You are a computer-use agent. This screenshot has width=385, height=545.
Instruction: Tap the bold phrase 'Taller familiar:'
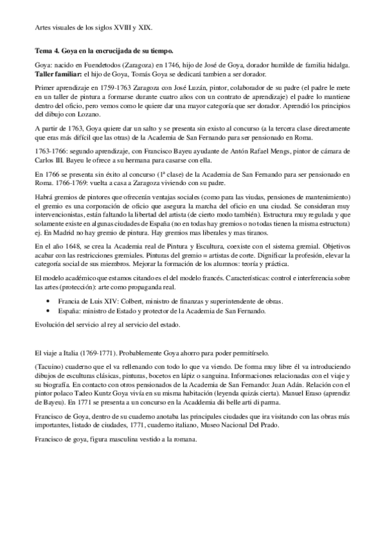point(58,75)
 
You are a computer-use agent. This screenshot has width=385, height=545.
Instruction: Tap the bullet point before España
point(50,310)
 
